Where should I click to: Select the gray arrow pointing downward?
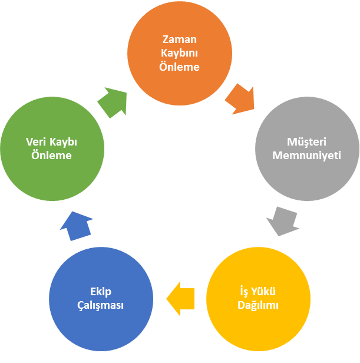[283, 221]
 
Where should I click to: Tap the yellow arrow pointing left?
[180, 299]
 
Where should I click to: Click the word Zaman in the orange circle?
[180, 39]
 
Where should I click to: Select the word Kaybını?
[180, 53]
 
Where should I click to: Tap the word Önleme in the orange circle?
[180, 67]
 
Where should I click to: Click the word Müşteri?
[306, 141]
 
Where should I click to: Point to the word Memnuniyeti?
[306, 156]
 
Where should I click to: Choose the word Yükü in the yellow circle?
[264, 291]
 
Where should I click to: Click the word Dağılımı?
[258, 305]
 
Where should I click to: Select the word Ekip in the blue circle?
[101, 292]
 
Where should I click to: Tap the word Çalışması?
[101, 305]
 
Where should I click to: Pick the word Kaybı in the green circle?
[63, 142]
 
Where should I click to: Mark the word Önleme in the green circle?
[51, 155]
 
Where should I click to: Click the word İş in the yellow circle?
[244, 291]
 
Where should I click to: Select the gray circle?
[307, 148]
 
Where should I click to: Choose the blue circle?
[101, 299]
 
